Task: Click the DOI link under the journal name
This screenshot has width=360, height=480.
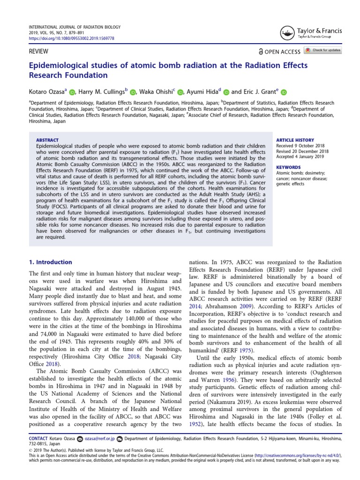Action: (72, 38)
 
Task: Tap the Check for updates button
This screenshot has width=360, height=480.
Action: (323, 50)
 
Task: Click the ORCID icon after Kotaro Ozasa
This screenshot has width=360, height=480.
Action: (72, 93)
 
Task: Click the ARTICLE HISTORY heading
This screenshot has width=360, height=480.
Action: (295, 140)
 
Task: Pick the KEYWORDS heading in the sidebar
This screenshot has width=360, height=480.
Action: (288, 167)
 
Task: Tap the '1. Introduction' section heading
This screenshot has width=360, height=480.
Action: (51, 262)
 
